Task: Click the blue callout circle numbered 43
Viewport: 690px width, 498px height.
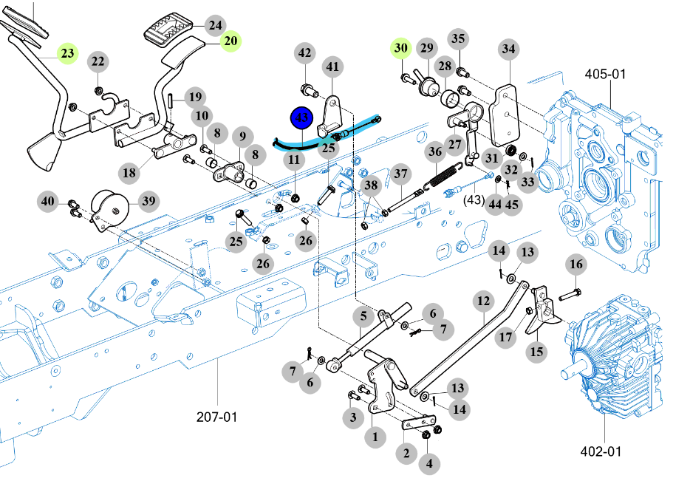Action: click(x=301, y=118)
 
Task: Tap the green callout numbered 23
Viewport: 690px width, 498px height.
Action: click(x=67, y=53)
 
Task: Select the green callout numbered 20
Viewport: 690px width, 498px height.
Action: click(x=230, y=41)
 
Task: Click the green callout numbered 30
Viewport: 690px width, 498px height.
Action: click(x=401, y=48)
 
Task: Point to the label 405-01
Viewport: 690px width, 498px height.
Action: click(x=605, y=74)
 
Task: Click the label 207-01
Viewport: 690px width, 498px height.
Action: click(x=216, y=417)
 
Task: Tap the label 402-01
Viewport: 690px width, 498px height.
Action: click(x=601, y=451)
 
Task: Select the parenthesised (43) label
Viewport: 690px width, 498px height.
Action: click(x=474, y=199)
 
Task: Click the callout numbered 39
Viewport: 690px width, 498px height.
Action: click(x=148, y=201)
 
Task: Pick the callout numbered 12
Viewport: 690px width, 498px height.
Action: click(x=483, y=301)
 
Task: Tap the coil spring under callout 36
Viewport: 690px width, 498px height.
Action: click(x=443, y=176)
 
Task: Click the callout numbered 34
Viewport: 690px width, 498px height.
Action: click(x=509, y=49)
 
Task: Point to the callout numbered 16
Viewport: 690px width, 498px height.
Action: click(x=576, y=264)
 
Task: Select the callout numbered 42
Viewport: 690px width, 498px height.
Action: click(x=304, y=52)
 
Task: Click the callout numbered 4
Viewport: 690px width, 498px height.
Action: click(x=429, y=463)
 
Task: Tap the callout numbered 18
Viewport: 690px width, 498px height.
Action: click(x=129, y=172)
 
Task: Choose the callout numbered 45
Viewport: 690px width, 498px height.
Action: click(x=511, y=204)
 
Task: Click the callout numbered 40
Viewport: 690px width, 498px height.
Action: click(x=47, y=202)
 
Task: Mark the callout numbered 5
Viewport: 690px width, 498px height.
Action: click(x=363, y=316)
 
